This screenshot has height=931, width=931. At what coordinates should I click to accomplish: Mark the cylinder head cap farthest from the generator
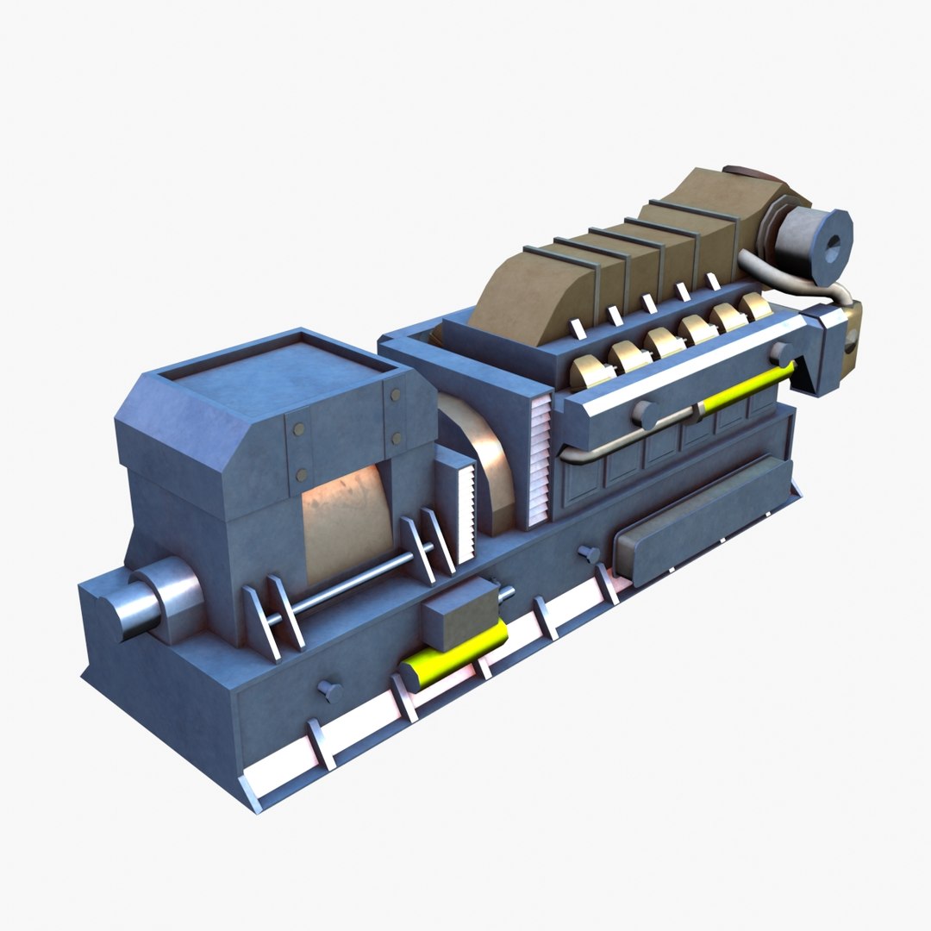click(x=757, y=306)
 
